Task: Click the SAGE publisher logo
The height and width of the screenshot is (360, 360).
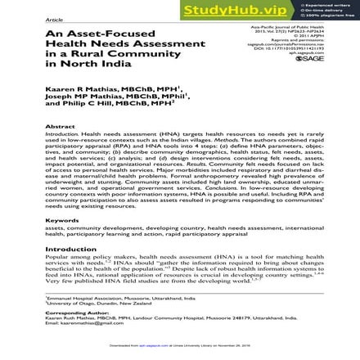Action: point(308,58)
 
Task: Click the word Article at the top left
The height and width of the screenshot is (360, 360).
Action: point(55,17)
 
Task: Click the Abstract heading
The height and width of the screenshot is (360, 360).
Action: point(61,127)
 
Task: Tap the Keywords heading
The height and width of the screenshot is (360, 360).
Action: point(62,220)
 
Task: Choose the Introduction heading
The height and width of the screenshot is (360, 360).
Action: point(70,249)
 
